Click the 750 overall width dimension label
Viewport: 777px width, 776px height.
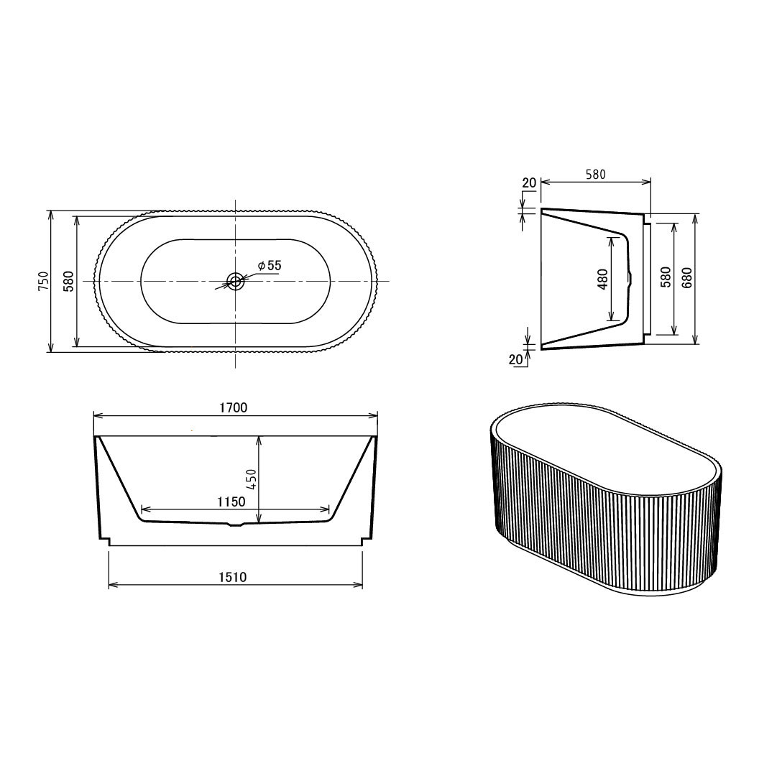[44, 281]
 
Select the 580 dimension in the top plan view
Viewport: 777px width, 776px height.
[69, 281]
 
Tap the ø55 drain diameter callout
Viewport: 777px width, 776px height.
[270, 265]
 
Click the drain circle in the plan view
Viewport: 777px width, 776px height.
[235, 281]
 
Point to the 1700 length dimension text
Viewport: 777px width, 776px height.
[234, 407]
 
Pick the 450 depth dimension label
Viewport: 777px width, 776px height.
[252, 479]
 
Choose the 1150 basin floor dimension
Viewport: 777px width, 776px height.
[231, 502]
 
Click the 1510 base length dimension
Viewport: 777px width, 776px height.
[232, 577]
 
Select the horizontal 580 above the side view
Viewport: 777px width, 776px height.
[596, 175]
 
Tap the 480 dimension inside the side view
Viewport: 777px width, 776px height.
[603, 280]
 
